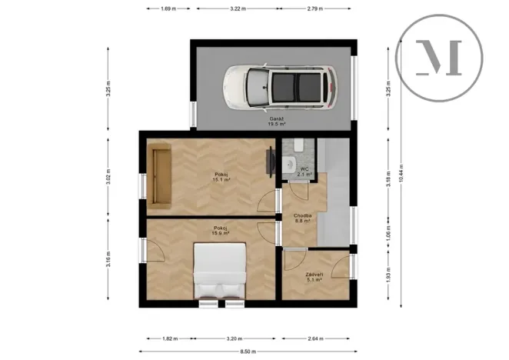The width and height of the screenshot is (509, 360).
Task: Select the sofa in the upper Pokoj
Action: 161,178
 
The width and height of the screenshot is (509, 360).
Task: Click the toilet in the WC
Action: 290,164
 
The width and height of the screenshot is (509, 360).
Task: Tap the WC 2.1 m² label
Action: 304,172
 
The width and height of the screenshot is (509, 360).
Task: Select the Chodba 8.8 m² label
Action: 302,218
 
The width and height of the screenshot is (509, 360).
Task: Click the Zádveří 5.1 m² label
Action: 313,278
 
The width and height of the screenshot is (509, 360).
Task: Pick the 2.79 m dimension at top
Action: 315,8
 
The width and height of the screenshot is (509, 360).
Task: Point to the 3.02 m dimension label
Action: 108,178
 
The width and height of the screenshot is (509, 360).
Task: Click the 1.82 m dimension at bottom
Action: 170,337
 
